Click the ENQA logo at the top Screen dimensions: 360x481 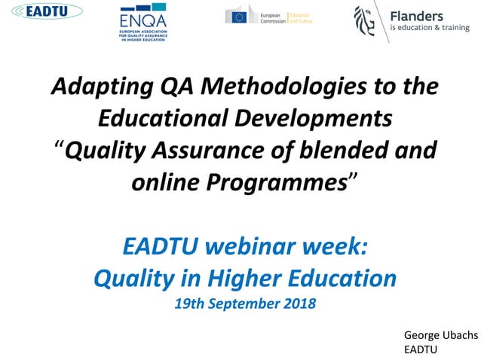click(148, 22)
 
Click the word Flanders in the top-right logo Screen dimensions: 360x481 click(416, 14)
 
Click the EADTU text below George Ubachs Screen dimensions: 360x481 click(421, 349)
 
